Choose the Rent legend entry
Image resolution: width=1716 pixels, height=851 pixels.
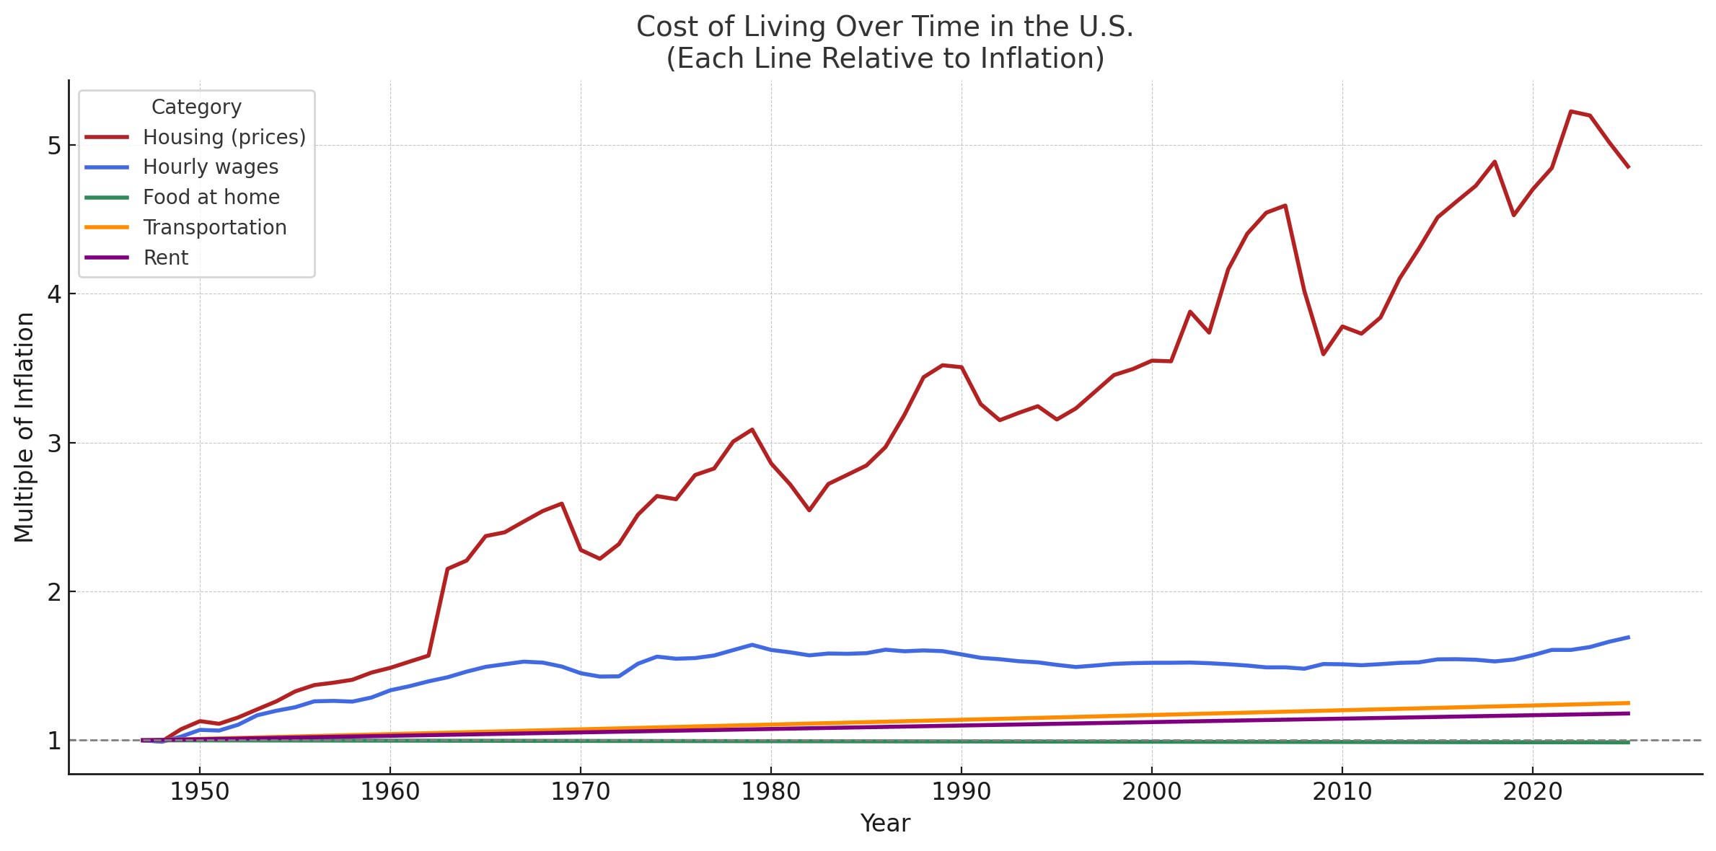tap(165, 258)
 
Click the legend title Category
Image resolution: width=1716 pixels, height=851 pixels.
tap(196, 107)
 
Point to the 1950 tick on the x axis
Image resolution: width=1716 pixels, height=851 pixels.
tap(200, 792)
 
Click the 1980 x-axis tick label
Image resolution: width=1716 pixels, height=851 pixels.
tap(771, 792)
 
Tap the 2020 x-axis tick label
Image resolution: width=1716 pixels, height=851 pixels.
tap(1533, 792)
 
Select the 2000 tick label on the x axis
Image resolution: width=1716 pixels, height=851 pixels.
tap(1152, 792)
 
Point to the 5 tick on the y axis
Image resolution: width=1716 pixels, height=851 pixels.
tap(53, 146)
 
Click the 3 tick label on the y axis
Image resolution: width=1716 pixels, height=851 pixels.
tap(53, 444)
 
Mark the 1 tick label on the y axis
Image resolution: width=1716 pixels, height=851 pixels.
tap(53, 741)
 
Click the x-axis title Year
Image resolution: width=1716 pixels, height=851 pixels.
tap(885, 824)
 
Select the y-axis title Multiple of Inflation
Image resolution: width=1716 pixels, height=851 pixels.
tap(24, 427)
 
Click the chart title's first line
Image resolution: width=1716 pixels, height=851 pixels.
tap(884, 27)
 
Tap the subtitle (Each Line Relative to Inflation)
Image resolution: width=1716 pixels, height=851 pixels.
tap(884, 59)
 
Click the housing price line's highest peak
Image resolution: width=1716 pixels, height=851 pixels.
tap(1571, 112)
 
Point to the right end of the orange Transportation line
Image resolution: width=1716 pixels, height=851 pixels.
tap(1629, 702)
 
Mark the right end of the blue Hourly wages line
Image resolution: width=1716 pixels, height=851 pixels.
tap(1629, 638)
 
